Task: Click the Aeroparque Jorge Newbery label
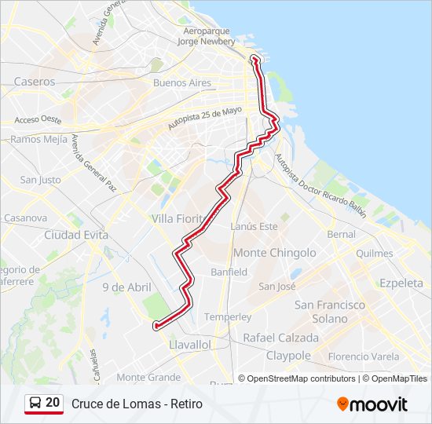point(207,35)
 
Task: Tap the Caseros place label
point(35,81)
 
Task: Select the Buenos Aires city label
point(182,82)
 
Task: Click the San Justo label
point(40,180)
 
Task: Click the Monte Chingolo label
point(275,253)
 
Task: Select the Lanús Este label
point(254,227)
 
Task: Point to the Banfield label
point(229,272)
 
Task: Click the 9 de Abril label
point(126,287)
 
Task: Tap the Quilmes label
point(374,254)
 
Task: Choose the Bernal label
point(341,234)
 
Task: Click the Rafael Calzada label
point(281,338)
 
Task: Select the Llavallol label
point(190,344)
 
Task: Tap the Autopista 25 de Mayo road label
point(204,119)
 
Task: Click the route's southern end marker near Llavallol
point(156,325)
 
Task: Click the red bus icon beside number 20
point(35,404)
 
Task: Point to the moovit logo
point(372,404)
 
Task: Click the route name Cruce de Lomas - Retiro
point(137,404)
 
